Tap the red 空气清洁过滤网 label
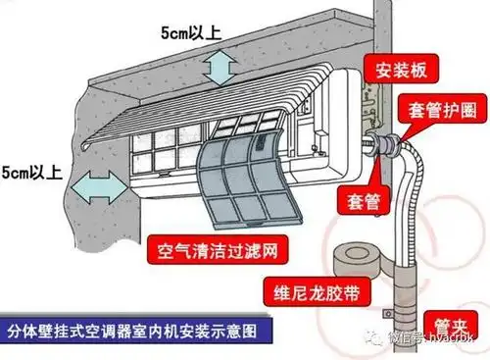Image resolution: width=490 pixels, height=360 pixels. pos(212,245)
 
